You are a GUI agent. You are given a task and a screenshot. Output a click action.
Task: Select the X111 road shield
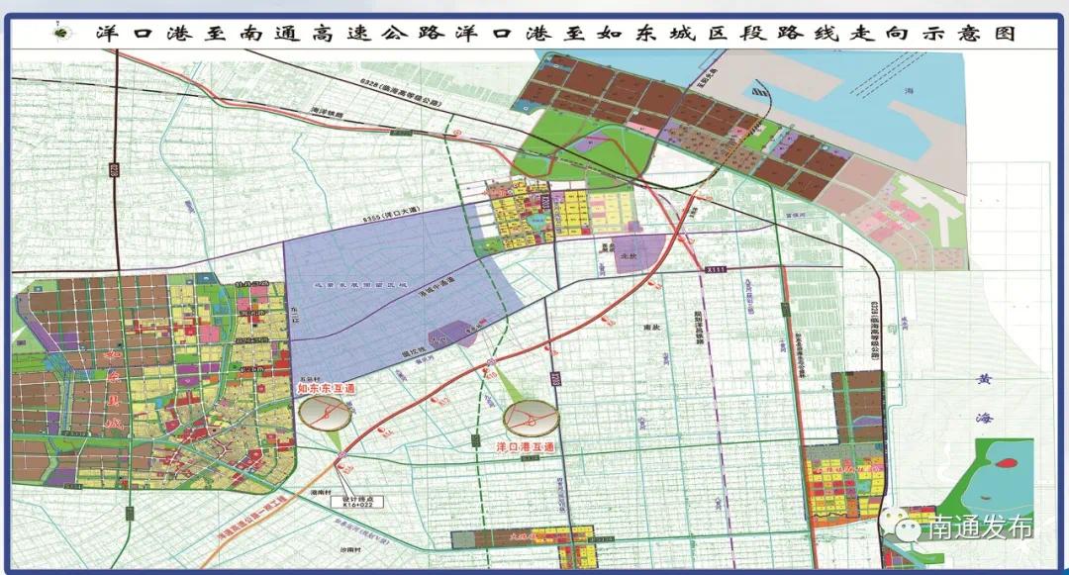coord(716,268)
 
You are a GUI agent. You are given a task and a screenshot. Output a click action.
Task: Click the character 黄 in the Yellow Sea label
coord(983,378)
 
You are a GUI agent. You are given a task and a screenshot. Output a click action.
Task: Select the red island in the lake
coord(1008,463)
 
